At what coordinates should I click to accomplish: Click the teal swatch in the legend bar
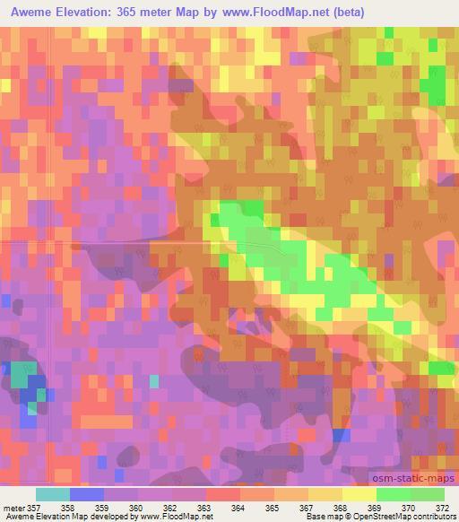click(x=53, y=494)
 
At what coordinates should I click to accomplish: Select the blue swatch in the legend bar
click(x=87, y=494)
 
